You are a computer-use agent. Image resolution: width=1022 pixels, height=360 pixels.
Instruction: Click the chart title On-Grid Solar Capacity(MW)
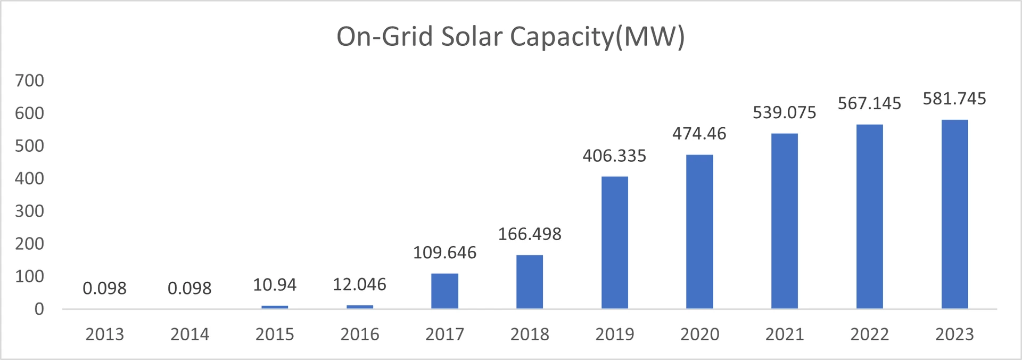click(510, 37)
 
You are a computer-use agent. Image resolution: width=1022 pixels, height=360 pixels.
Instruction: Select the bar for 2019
click(614, 242)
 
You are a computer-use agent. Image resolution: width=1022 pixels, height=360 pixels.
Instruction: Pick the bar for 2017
click(444, 291)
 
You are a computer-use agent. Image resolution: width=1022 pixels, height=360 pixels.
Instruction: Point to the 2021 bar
click(784, 221)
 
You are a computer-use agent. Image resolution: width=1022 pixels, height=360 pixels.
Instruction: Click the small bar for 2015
click(275, 307)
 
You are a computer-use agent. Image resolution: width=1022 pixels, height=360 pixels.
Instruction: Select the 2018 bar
click(530, 282)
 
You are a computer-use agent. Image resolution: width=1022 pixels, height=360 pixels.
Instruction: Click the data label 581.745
click(954, 99)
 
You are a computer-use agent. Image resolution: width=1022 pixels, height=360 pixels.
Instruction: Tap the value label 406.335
click(614, 156)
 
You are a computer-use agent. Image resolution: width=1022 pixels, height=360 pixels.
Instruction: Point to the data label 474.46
click(699, 133)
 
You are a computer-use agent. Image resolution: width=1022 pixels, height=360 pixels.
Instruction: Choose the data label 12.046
click(359, 284)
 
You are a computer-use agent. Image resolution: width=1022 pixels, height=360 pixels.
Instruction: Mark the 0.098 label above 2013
click(104, 288)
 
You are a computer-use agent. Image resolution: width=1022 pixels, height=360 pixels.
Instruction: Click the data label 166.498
click(530, 234)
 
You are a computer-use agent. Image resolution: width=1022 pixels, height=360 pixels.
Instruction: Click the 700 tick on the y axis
click(29, 80)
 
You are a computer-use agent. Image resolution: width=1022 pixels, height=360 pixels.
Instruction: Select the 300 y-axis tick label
click(29, 211)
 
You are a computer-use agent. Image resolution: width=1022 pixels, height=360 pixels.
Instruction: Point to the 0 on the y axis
click(39, 309)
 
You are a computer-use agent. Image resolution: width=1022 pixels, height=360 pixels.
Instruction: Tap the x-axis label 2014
click(189, 334)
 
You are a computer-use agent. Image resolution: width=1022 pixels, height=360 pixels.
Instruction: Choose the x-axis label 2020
click(699, 334)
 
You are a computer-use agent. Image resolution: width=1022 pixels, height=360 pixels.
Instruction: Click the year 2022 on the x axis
click(869, 334)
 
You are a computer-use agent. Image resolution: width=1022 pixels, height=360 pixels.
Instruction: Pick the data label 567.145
click(869, 103)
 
